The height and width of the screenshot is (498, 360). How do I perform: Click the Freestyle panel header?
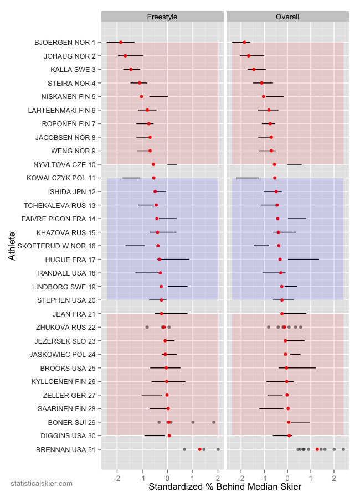(x=162, y=17)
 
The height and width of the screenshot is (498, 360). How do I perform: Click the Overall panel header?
(x=287, y=17)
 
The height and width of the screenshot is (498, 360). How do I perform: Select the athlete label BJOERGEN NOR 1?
(x=65, y=42)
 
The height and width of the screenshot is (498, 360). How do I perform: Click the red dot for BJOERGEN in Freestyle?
(x=121, y=42)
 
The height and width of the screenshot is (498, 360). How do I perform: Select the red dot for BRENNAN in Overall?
(x=317, y=449)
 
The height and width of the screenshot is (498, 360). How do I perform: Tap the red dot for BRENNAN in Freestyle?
(x=200, y=449)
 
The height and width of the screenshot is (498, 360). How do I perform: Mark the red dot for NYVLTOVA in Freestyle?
(x=153, y=164)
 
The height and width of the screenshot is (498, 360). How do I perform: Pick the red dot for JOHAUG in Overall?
(x=249, y=56)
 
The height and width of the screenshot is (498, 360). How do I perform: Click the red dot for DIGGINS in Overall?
(x=289, y=435)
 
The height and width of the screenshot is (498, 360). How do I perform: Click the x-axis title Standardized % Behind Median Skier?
(x=225, y=487)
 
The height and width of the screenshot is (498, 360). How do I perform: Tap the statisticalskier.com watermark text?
(x=42, y=484)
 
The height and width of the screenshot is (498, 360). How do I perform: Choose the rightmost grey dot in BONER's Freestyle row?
(x=214, y=422)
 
